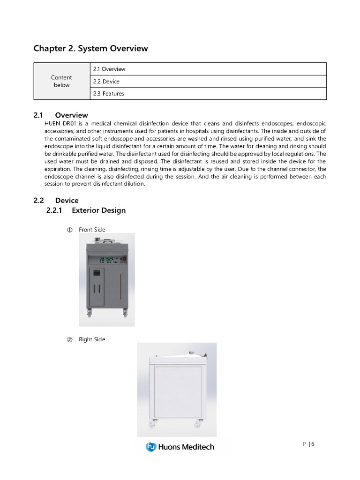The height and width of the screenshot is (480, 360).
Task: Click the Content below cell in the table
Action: tap(61, 81)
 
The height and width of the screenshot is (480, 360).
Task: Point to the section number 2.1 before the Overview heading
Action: tap(38, 115)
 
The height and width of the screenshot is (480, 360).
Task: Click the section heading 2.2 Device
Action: tap(56, 201)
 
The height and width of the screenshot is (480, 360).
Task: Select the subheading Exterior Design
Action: tap(98, 210)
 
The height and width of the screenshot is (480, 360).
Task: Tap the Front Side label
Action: tap(92, 230)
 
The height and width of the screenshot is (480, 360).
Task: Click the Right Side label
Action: tap(92, 339)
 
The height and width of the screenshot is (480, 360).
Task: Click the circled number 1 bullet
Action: tap(69, 230)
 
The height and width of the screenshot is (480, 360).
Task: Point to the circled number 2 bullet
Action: tap(69, 339)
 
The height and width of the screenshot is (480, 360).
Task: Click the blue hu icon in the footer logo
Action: tap(150, 447)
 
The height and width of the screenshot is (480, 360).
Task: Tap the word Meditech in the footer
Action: tap(197, 447)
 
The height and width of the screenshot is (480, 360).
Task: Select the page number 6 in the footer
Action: tap(312, 444)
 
